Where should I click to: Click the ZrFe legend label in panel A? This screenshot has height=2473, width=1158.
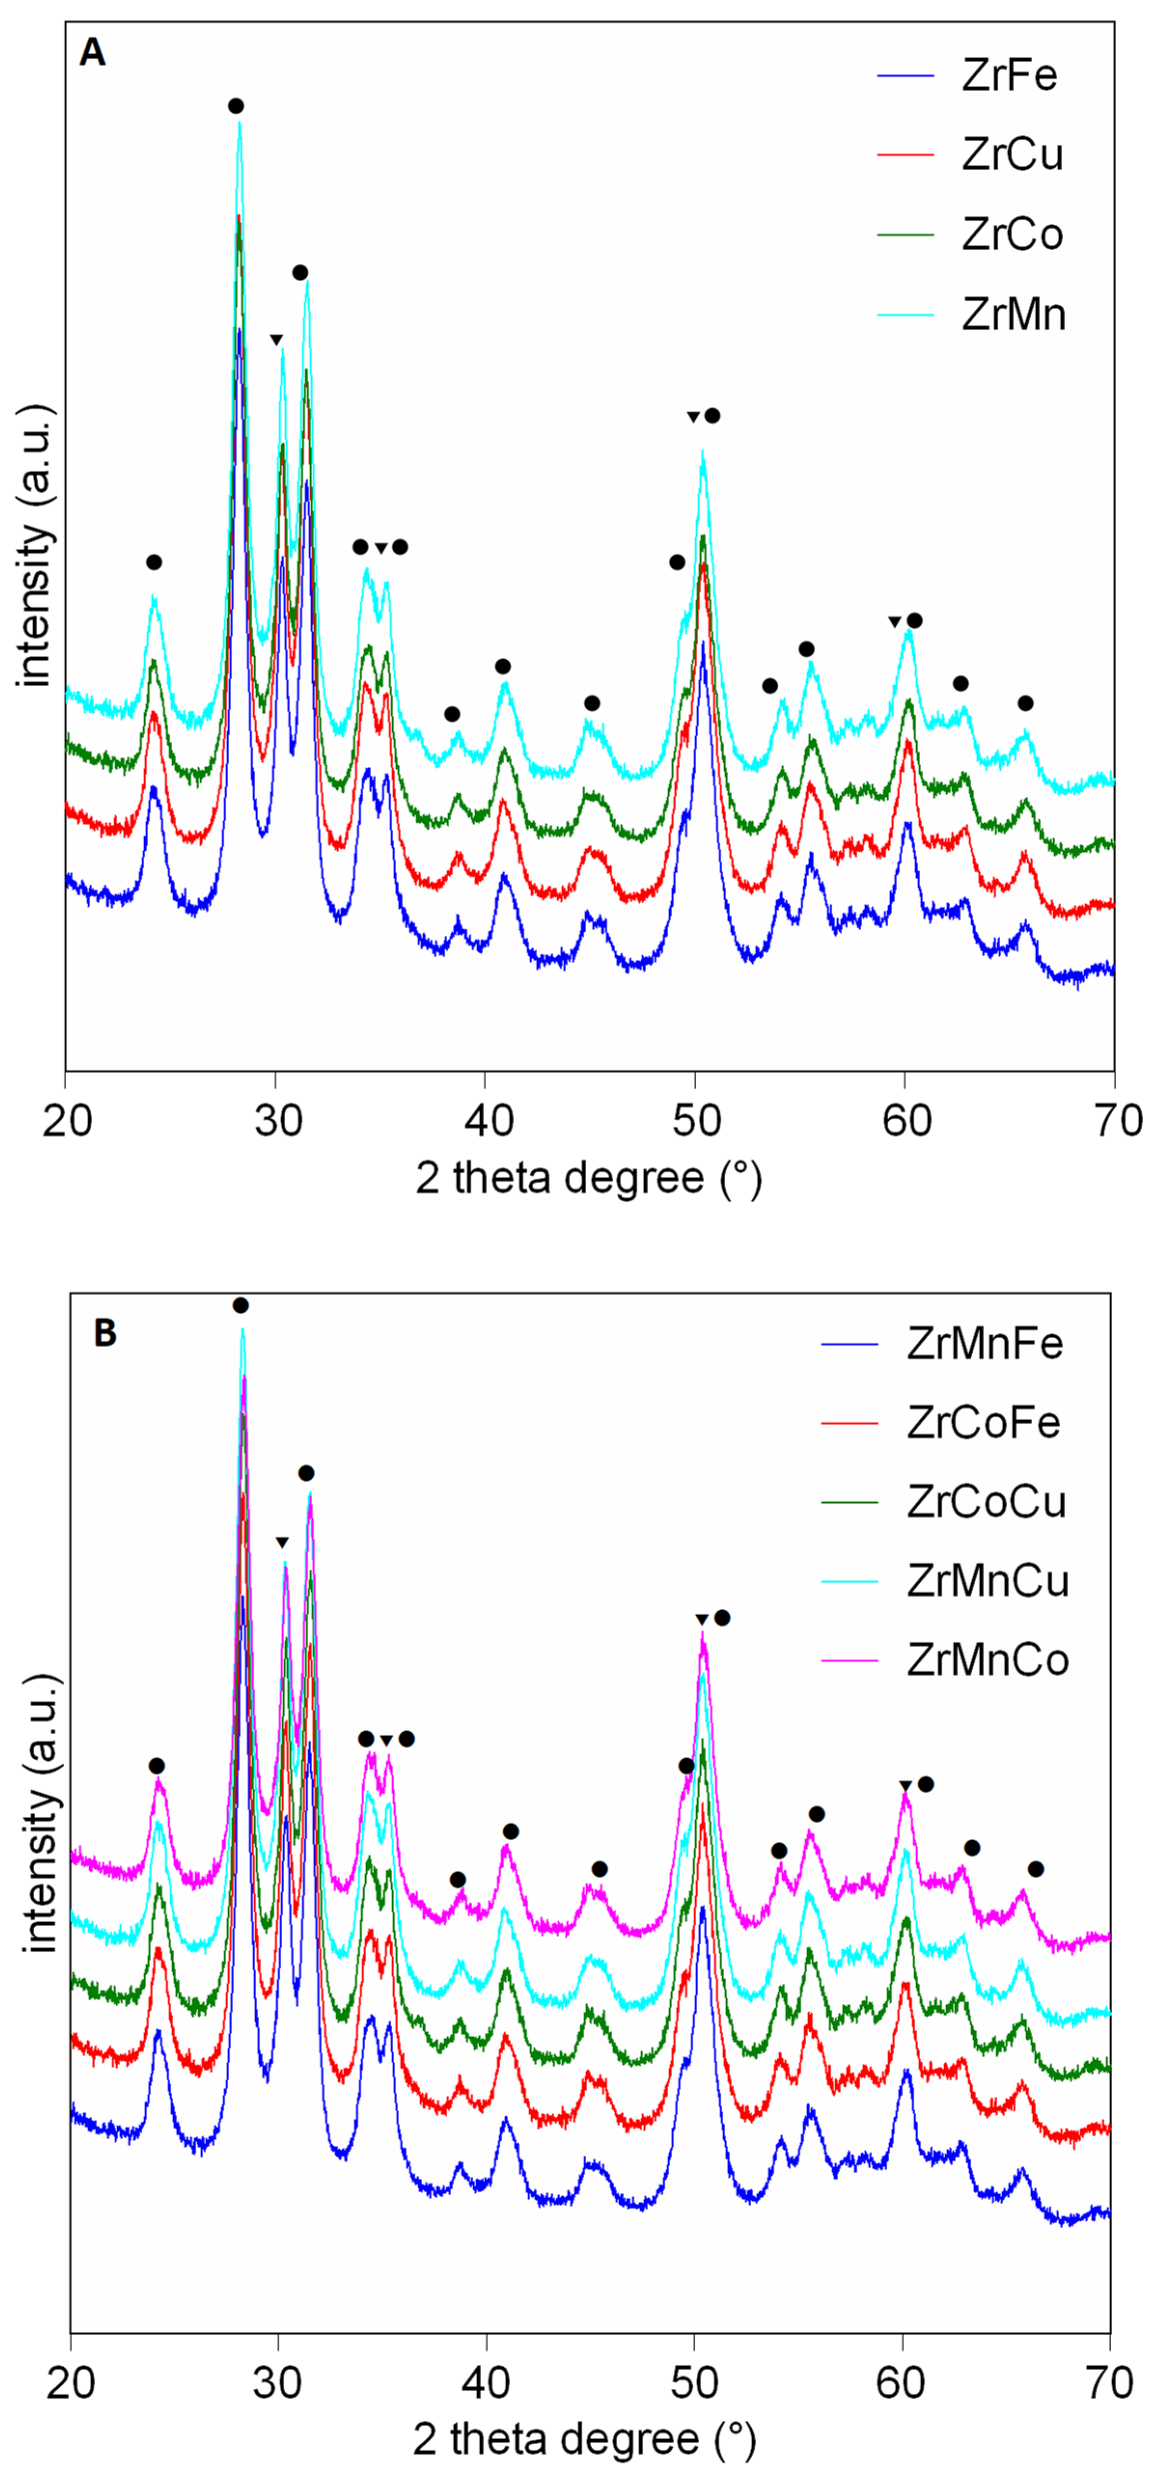click(1009, 75)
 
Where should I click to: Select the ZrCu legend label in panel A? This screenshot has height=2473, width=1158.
click(1012, 154)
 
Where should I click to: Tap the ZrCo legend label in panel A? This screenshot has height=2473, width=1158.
click(1012, 234)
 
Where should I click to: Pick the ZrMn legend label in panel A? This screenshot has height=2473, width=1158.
click(1013, 314)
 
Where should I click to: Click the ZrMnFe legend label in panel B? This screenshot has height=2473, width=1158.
click(984, 1343)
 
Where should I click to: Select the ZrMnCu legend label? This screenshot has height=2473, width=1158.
click(987, 1580)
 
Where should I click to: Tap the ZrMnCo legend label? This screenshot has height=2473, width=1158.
click(987, 1660)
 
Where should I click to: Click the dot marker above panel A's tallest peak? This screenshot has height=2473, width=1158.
click(236, 106)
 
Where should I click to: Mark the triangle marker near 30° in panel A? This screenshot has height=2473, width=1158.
click(276, 340)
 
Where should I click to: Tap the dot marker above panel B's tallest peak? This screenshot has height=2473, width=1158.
click(241, 1305)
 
